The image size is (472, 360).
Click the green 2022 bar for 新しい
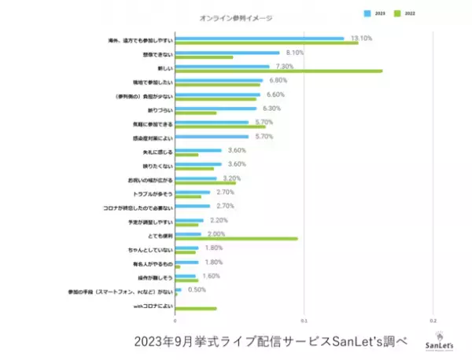pyautogui.click(x=278, y=71)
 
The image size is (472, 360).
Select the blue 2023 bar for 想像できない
pyautogui.click(x=227, y=53)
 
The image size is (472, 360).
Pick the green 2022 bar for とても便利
pyautogui.click(x=236, y=237)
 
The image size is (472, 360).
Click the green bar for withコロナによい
pyautogui.click(x=195, y=308)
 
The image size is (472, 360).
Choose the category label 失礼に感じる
pyautogui.click(x=154, y=152)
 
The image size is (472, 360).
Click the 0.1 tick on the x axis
pyautogui.click(x=304, y=321)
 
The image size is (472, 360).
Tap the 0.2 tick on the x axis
pyautogui.click(x=432, y=321)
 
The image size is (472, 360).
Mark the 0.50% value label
pyautogui.click(x=197, y=289)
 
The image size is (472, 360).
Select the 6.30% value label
pyautogui.click(x=272, y=108)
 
